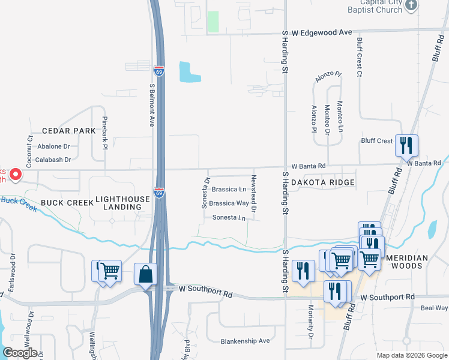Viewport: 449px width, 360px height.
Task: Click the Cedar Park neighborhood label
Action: [x=68, y=131]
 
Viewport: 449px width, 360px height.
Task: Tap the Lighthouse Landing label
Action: [x=118, y=202]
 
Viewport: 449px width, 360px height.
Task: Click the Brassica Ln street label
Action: [x=228, y=190]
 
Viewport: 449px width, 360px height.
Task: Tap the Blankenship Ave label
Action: [x=245, y=341]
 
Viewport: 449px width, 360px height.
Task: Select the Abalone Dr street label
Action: [x=54, y=146]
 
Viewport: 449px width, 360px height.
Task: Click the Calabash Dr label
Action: [x=53, y=160]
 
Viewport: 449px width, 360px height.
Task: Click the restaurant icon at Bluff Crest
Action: [x=406, y=145]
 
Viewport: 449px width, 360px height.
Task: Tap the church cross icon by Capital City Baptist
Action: [x=411, y=6]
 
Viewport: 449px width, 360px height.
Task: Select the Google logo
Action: [x=20, y=353]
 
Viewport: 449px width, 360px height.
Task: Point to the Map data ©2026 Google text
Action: [x=411, y=355]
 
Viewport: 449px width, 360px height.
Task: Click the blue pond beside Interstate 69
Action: [x=189, y=73]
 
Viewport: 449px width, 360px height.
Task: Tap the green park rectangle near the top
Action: [x=212, y=22]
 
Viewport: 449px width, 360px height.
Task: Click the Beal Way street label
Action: [x=434, y=308]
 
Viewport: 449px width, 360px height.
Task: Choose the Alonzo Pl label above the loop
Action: [x=328, y=78]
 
